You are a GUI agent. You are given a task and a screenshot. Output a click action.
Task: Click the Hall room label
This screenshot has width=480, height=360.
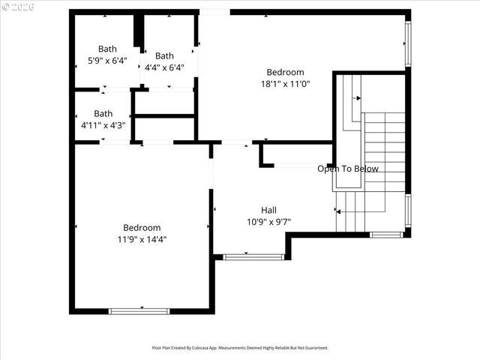click(x=268, y=210)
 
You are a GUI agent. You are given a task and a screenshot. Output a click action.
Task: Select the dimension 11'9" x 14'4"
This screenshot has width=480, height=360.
click(x=142, y=240)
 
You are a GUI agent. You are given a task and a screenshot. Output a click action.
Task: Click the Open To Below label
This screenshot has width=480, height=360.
click(x=348, y=169)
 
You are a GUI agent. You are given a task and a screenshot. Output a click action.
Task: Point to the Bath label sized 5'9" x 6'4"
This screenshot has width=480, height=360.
click(x=107, y=49)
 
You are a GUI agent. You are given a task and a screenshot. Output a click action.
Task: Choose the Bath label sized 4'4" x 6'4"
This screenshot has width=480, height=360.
click(x=164, y=55)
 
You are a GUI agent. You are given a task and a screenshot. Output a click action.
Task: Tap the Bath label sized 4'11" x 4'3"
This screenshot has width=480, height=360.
click(x=103, y=114)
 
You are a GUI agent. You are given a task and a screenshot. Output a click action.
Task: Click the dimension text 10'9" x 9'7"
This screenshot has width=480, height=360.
click(x=268, y=221)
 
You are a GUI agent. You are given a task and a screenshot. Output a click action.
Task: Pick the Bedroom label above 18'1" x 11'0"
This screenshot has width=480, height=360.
click(x=286, y=72)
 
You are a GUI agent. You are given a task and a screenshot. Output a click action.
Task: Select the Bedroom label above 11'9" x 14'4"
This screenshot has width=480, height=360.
click(x=142, y=228)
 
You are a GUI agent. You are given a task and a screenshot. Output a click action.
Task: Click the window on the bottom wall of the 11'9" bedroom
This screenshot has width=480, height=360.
click(x=139, y=310)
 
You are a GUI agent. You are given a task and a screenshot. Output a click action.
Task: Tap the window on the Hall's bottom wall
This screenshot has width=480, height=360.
click(x=253, y=257)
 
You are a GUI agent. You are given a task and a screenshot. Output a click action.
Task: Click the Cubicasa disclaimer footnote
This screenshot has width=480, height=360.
click(x=240, y=348)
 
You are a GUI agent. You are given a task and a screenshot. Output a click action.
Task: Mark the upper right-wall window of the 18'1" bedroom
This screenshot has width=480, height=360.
click(x=408, y=43)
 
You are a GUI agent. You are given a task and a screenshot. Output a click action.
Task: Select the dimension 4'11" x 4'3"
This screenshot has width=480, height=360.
click(x=103, y=126)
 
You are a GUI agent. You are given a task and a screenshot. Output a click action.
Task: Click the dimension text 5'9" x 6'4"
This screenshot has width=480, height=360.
click(x=107, y=61)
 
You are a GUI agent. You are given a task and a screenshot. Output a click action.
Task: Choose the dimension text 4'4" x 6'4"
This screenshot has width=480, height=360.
click(x=164, y=67)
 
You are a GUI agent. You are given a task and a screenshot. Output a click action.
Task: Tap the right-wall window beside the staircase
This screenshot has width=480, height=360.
click(x=408, y=211)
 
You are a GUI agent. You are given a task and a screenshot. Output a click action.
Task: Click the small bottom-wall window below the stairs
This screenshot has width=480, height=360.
click(x=386, y=235)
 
